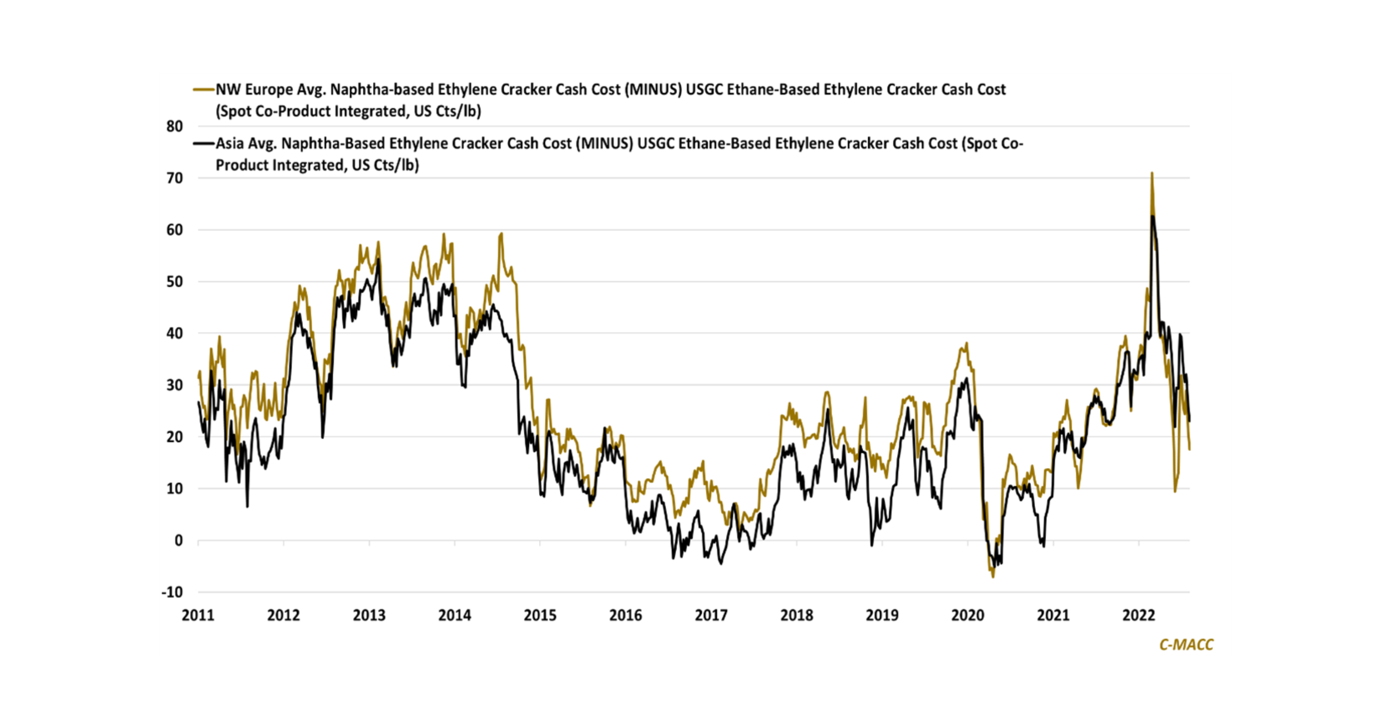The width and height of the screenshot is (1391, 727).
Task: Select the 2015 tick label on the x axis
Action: click(x=540, y=615)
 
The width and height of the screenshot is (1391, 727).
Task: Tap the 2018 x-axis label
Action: click(x=796, y=615)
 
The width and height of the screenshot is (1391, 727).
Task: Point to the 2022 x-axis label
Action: click(x=1138, y=615)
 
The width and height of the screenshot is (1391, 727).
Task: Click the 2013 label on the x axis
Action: click(x=369, y=615)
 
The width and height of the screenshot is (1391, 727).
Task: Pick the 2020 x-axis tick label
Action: click(x=968, y=615)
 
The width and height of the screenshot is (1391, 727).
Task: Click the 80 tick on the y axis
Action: click(x=174, y=126)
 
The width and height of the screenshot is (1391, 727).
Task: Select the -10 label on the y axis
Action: click(x=172, y=592)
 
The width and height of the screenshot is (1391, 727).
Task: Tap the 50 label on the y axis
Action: click(x=174, y=281)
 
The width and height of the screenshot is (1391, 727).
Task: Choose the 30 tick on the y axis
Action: click(x=174, y=385)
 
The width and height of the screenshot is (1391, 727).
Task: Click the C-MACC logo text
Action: click(x=1186, y=644)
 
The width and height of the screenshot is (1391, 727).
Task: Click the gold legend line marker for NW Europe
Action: click(x=204, y=90)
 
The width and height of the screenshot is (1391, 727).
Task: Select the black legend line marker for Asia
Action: click(x=204, y=144)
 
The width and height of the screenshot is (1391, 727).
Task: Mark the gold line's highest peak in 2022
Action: click(x=1152, y=174)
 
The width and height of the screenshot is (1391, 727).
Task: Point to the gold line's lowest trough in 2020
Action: click(x=993, y=577)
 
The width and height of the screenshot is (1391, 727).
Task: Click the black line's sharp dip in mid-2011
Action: click(x=247, y=506)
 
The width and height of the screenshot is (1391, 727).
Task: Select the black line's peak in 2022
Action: click(x=1152, y=216)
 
